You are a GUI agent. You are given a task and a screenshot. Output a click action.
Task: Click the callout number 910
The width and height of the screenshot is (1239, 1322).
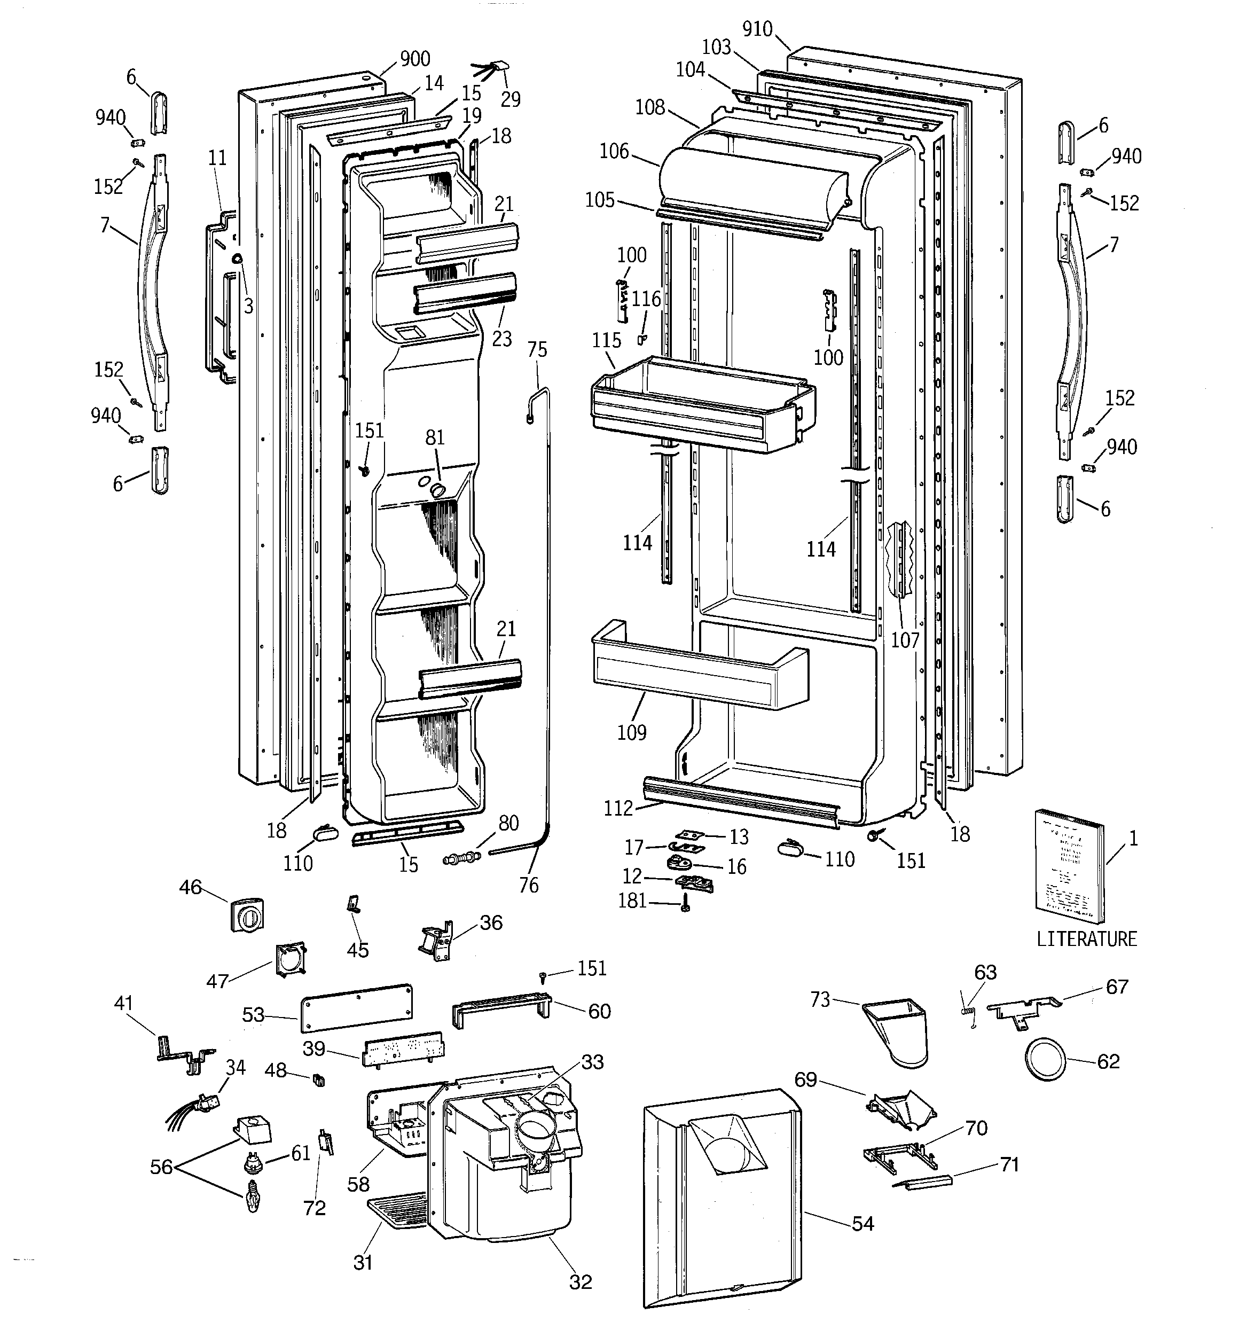click(x=757, y=29)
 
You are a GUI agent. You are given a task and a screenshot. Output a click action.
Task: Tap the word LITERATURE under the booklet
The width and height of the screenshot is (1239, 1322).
click(x=1087, y=939)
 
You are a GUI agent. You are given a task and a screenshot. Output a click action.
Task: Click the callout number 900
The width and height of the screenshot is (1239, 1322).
click(x=415, y=59)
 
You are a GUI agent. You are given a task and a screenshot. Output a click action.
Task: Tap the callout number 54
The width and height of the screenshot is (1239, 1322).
click(x=862, y=1223)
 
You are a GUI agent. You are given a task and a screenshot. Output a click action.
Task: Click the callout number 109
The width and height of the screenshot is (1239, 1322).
click(x=632, y=732)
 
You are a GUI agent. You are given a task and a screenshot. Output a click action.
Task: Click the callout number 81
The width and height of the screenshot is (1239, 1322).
click(x=434, y=437)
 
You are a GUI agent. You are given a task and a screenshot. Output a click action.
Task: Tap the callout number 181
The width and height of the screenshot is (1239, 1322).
click(x=632, y=901)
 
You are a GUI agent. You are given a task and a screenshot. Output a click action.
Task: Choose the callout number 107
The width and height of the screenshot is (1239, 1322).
click(x=905, y=640)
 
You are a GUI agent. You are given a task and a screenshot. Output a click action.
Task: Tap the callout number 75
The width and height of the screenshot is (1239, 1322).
click(x=537, y=349)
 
